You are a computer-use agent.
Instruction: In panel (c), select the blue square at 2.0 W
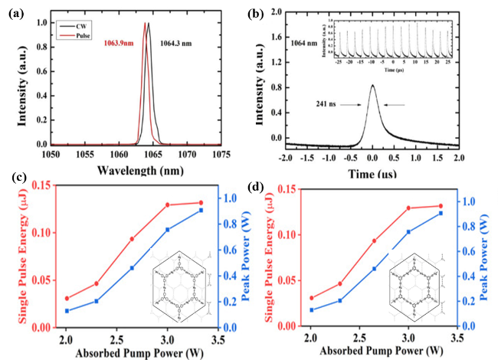point(67,311)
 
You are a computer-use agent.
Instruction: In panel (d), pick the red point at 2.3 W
point(340,283)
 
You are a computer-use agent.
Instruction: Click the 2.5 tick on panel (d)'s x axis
point(359,337)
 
